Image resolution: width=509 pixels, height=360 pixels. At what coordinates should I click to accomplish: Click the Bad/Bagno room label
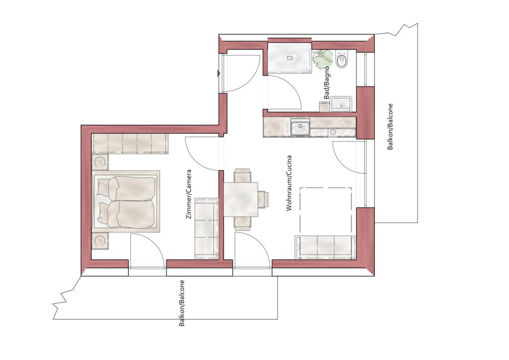coord(327,83)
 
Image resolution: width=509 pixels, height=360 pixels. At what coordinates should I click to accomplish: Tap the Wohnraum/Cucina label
coord(289,183)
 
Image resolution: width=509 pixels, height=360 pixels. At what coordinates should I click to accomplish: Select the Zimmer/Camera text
coord(189,194)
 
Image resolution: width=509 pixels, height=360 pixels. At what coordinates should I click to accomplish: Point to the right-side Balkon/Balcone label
coord(390,127)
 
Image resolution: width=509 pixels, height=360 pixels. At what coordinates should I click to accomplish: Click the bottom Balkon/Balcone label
coord(182,303)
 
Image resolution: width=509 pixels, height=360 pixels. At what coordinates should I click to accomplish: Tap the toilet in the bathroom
coord(341,59)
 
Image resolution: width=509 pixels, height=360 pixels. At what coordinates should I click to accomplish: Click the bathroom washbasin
coord(341,104)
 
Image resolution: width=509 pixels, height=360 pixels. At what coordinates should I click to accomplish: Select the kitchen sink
coord(300,127)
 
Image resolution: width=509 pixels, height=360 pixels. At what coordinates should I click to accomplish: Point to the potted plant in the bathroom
coord(323,59)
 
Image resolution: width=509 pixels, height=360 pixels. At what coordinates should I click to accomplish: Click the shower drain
coord(290,58)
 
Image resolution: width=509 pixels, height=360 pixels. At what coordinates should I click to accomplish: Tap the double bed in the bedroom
coord(126,201)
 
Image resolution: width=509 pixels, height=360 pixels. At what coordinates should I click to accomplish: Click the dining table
coord(241,199)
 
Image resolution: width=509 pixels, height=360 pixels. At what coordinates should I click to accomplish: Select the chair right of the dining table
coord(263,198)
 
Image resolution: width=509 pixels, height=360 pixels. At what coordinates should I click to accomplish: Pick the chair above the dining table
coord(242,176)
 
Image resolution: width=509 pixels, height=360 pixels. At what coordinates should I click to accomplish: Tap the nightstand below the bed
coord(100,241)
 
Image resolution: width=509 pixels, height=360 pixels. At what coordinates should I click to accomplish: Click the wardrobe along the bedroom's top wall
coord(130,144)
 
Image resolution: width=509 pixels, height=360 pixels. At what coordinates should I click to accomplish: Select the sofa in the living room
coord(325,247)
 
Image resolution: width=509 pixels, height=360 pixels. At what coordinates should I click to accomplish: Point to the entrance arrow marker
coord(219,74)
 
